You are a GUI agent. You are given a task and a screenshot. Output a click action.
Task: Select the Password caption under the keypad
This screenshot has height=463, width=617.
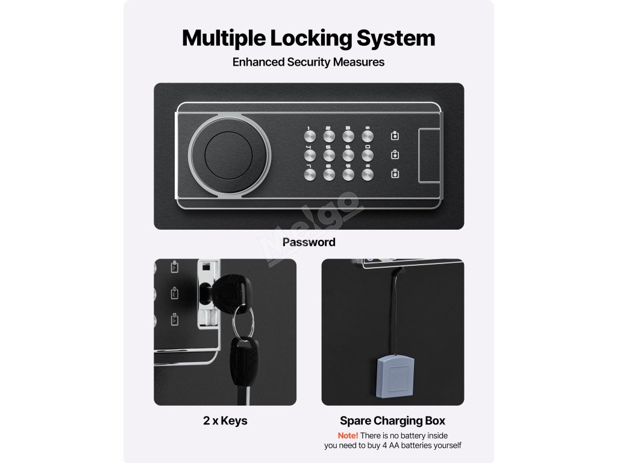pyautogui.click(x=308, y=242)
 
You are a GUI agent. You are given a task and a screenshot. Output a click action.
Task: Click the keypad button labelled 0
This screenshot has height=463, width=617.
pyautogui.click(x=368, y=155)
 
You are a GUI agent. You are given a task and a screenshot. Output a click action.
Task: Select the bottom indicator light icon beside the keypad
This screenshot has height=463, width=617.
pyautogui.click(x=395, y=174)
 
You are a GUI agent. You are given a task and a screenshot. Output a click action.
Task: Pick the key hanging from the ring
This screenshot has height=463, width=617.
pyautogui.click(x=242, y=368)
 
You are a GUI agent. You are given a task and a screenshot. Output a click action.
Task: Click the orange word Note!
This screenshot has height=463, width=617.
pyautogui.click(x=348, y=435)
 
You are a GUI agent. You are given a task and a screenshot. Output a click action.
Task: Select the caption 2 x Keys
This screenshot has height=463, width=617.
pyautogui.click(x=225, y=421)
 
